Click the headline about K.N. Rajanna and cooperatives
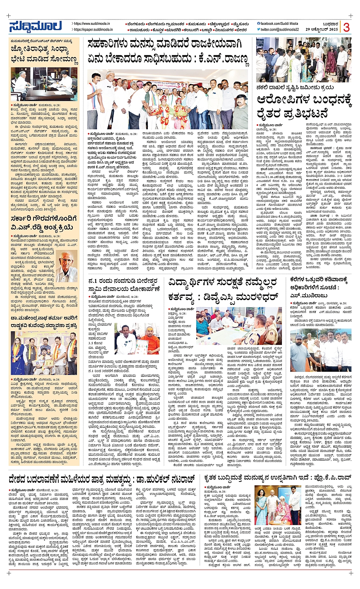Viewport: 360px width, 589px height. coord(168,52)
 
